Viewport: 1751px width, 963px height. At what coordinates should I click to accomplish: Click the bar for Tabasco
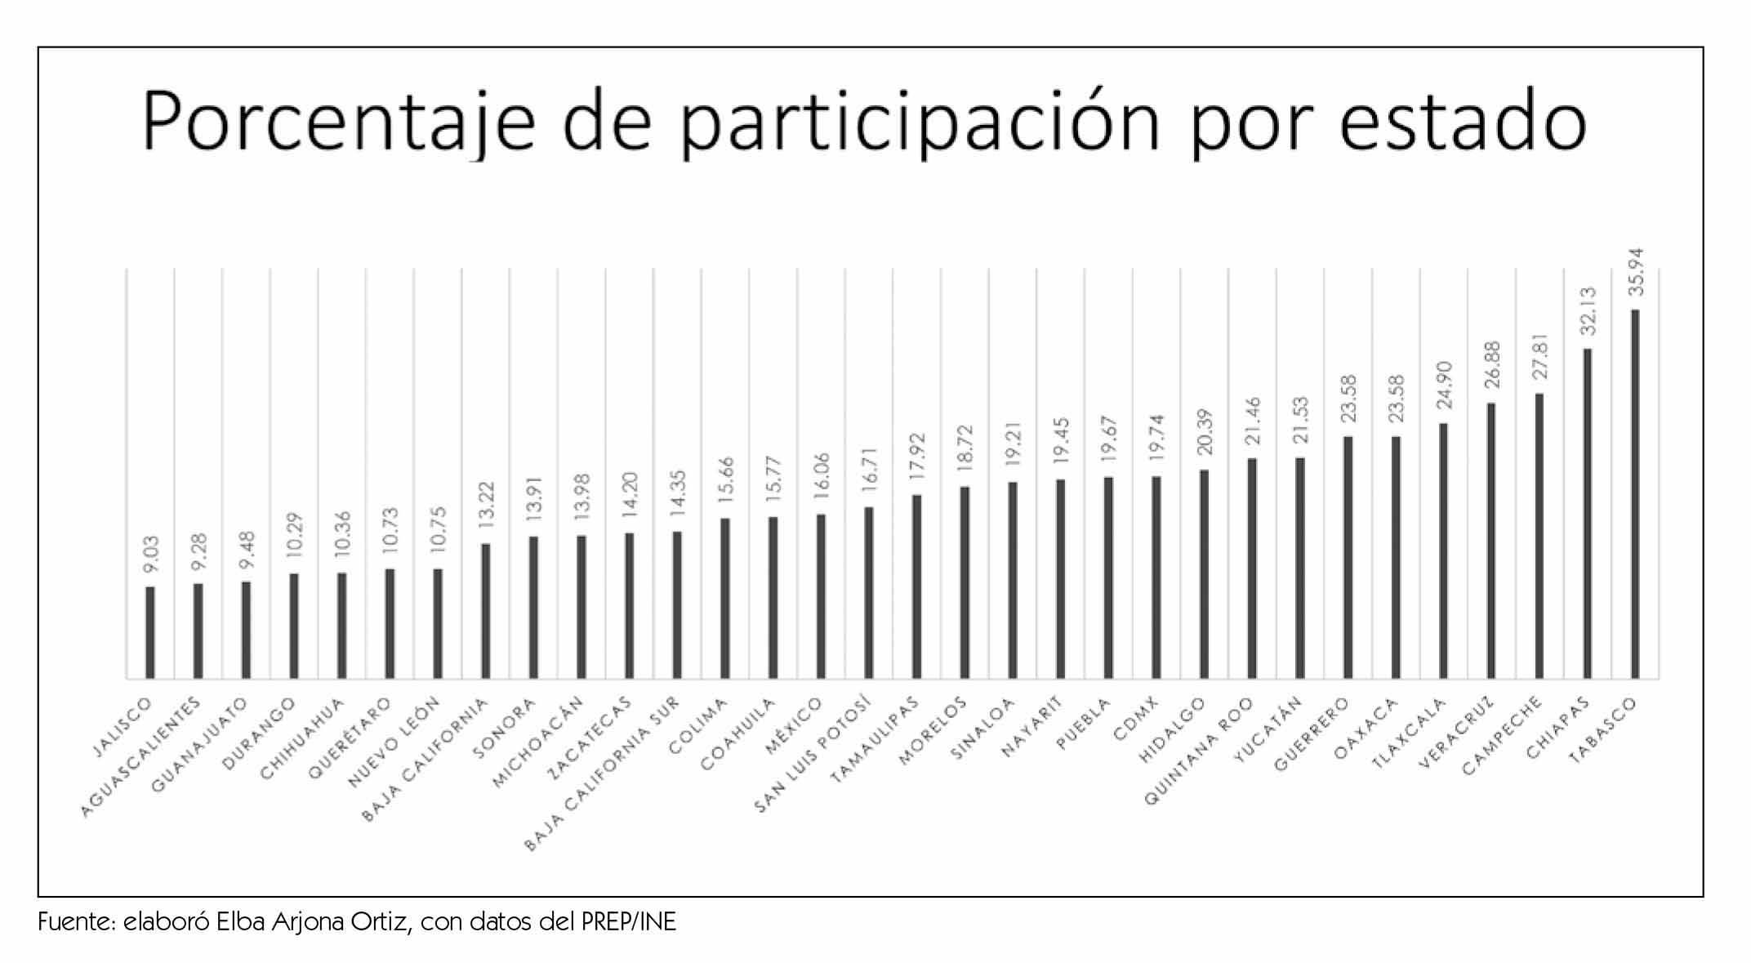(x=1634, y=494)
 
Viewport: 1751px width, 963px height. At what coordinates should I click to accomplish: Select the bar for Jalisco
(x=149, y=632)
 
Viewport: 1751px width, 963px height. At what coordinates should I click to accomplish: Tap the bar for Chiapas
(x=1587, y=514)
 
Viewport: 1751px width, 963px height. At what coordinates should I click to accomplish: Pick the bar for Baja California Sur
(x=676, y=605)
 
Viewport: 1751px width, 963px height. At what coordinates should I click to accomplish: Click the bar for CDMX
(x=1156, y=577)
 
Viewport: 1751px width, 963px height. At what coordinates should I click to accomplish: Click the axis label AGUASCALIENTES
(x=142, y=756)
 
